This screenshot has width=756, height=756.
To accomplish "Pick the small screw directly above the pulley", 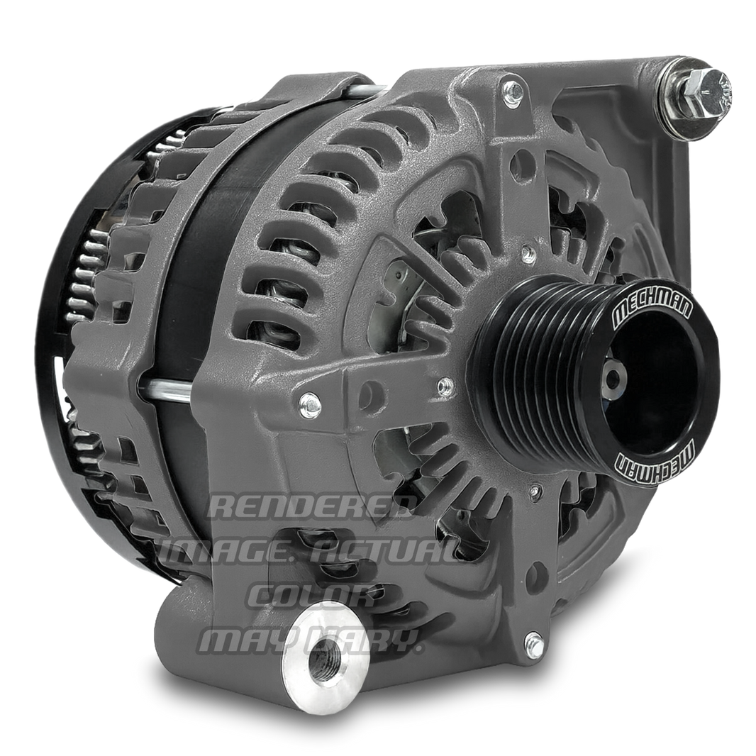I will tap(526, 252).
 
